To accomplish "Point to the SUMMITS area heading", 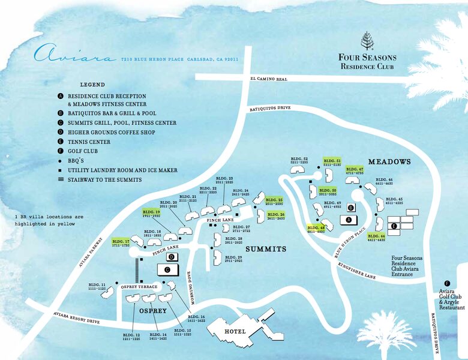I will click(x=266, y=248).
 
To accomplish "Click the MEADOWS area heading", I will click(x=389, y=162).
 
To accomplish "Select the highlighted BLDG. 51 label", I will click(x=332, y=162).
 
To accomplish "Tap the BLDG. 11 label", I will click(x=97, y=286).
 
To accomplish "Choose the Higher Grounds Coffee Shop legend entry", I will click(x=110, y=132).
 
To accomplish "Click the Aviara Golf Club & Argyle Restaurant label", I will click(x=451, y=299).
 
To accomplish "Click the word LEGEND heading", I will click(x=92, y=85).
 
